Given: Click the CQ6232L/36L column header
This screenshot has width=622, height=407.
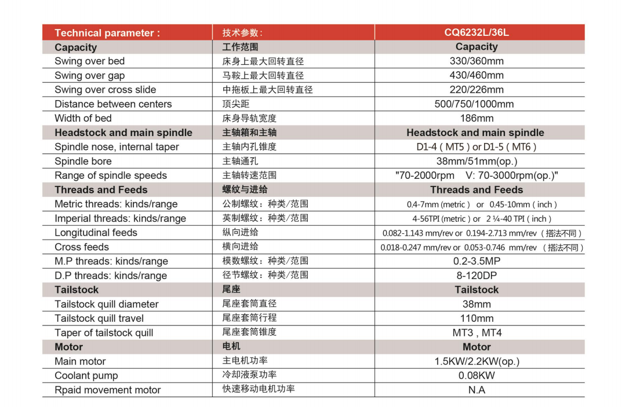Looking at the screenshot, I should (476, 32).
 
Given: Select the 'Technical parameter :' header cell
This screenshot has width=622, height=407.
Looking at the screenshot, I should (107, 33).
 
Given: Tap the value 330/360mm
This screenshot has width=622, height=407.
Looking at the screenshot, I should (476, 61).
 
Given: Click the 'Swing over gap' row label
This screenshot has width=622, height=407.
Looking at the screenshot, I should (90, 75).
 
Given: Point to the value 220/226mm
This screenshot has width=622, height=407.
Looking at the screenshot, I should (476, 90).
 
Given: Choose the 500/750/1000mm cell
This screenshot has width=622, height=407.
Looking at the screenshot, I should (476, 104).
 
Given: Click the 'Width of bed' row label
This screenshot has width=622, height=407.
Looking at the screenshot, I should (83, 118).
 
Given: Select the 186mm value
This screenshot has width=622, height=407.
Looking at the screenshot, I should (476, 118).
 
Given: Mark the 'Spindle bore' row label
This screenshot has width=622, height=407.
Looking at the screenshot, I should (83, 161).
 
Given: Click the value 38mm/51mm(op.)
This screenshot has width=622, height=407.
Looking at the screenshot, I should (476, 161).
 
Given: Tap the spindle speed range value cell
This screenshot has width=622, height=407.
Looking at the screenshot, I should (476, 175).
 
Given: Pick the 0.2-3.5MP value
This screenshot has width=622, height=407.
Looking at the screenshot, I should (476, 261).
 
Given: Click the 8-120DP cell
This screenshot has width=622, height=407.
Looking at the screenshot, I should (476, 276).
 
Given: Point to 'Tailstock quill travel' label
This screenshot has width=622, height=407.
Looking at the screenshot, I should (99, 318).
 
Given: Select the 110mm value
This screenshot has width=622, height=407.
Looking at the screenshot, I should (476, 318).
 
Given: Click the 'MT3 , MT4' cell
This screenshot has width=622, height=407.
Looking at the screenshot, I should (476, 333).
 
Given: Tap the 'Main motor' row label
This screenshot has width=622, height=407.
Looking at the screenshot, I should (80, 361).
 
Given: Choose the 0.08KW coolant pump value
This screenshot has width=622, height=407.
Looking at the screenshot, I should (476, 375).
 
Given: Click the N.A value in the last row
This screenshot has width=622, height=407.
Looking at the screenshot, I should (476, 390).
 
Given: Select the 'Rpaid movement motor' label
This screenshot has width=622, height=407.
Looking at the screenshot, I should (108, 390).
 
